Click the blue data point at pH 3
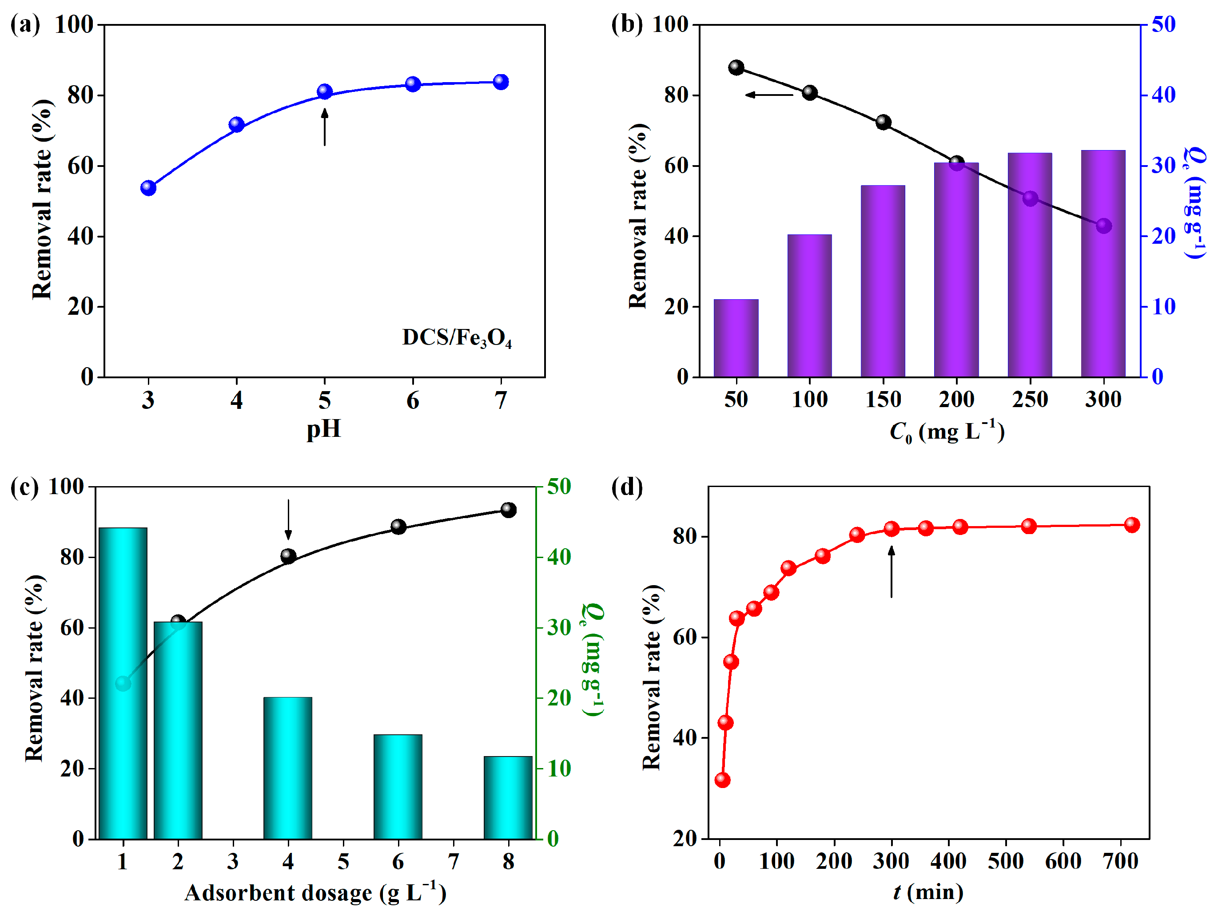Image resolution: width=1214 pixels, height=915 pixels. pyautogui.click(x=148, y=188)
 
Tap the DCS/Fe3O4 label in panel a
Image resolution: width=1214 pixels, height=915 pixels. pyautogui.click(x=457, y=338)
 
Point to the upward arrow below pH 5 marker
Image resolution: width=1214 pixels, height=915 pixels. pyautogui.click(x=324, y=127)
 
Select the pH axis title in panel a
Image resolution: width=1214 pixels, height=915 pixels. pyautogui.click(x=324, y=429)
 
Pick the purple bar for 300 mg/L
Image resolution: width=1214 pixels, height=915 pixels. pyautogui.click(x=1103, y=263)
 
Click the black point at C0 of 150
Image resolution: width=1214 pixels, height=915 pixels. pyautogui.click(x=883, y=123)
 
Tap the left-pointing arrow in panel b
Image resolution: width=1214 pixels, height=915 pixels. pyautogui.click(x=769, y=95)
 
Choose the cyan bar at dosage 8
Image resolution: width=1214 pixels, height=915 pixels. pyautogui.click(x=508, y=798)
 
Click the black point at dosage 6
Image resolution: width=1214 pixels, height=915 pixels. pyautogui.click(x=398, y=527)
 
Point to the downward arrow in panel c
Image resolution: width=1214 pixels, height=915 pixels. pyautogui.click(x=288, y=519)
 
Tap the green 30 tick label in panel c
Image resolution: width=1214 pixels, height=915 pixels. pyautogui.click(x=559, y=628)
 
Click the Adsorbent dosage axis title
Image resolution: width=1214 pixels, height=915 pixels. pyautogui.click(x=315, y=892)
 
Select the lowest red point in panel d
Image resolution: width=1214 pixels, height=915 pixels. pyautogui.click(x=722, y=780)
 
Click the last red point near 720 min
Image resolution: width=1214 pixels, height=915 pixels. pyautogui.click(x=1132, y=524)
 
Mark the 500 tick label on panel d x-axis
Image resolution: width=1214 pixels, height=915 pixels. pyautogui.click(x=1005, y=861)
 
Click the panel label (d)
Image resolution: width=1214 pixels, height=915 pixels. pyautogui.click(x=627, y=487)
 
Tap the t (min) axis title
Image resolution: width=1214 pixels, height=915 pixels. pyautogui.click(x=927, y=892)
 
